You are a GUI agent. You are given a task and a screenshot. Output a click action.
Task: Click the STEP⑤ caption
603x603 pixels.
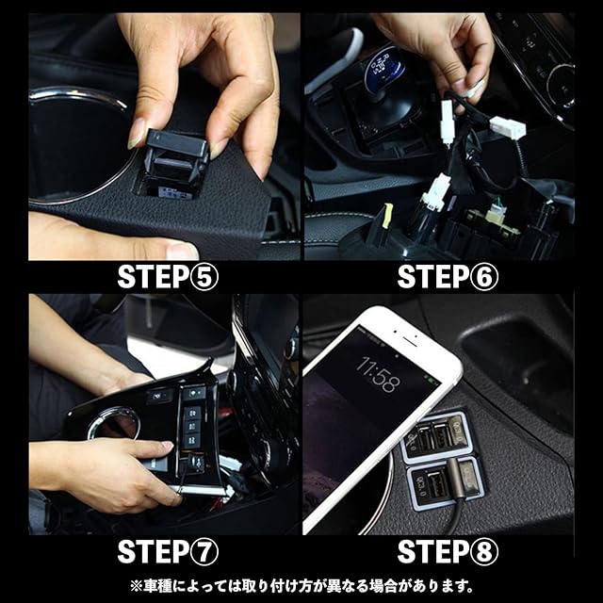point(168,277)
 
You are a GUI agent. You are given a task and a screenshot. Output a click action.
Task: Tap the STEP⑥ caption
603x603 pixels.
point(448,277)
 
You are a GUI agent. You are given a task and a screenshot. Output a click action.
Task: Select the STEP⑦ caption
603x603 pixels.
point(168,551)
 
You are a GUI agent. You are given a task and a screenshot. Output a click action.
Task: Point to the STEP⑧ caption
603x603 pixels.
point(448,551)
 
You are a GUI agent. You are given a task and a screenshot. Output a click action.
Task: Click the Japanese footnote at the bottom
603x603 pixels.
point(301,586)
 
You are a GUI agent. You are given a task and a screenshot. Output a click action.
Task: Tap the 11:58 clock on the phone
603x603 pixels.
point(379,373)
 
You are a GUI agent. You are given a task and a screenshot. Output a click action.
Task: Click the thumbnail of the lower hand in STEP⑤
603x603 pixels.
point(181,250)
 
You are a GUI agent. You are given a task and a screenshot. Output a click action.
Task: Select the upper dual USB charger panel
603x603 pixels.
point(435,437)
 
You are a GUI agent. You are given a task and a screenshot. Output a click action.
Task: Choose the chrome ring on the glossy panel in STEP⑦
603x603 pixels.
point(113,423)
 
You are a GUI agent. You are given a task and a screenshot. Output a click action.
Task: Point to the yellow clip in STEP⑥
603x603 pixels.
point(387,216)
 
